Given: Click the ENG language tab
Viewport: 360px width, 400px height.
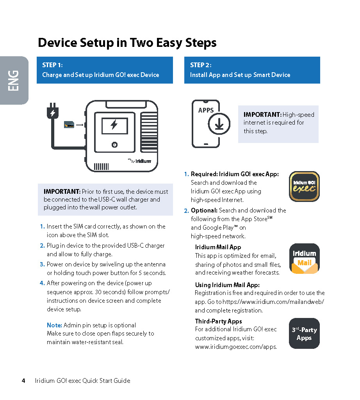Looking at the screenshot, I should point(14,80).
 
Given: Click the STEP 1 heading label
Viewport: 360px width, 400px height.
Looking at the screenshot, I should point(52,65).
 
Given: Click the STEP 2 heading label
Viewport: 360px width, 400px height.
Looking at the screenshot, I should point(201,65).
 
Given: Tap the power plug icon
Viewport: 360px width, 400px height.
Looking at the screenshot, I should point(52,112).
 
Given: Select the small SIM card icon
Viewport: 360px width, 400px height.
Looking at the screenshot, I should point(69,125).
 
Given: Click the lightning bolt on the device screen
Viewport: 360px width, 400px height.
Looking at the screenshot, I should point(114,125).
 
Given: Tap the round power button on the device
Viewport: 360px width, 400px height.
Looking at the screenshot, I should point(114,145).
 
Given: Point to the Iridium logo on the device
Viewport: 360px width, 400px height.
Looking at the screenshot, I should point(139,160).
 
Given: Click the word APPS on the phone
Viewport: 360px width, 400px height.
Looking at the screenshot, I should point(206,110).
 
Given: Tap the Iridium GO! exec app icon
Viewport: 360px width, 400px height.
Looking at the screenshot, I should point(304,186).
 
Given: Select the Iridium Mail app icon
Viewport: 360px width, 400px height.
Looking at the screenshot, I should point(304,259).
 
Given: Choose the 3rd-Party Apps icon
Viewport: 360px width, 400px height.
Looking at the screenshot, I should point(304,334).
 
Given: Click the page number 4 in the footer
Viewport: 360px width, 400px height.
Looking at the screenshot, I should point(23,380).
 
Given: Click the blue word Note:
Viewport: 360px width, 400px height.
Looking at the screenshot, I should point(54,325).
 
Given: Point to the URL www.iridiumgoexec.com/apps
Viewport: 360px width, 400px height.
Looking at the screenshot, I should point(236,346).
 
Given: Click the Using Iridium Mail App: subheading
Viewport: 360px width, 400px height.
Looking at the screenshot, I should point(227,285).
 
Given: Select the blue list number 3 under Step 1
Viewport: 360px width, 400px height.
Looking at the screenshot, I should point(42,264).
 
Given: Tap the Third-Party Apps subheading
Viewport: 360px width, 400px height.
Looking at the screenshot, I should point(218,321).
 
